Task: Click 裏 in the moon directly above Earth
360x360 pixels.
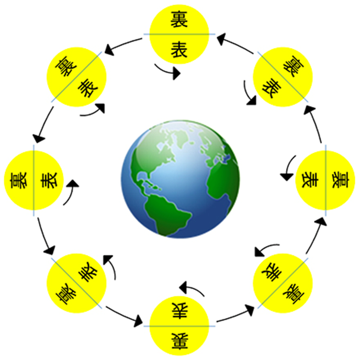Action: tap(179, 21)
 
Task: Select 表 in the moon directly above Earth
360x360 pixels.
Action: tap(179, 50)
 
